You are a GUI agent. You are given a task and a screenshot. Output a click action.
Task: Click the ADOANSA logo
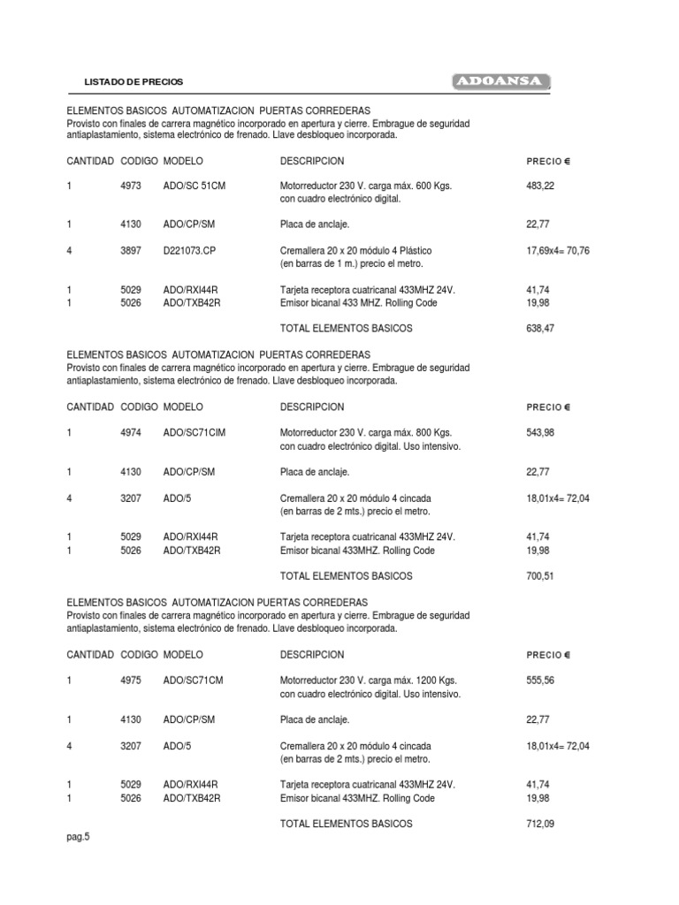501,82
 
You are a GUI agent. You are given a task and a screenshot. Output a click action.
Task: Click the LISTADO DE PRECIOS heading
134,81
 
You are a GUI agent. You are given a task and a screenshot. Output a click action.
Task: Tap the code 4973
131,186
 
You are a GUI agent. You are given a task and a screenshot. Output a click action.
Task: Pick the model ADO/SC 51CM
195,186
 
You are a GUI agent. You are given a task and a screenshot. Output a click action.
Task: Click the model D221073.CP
189,251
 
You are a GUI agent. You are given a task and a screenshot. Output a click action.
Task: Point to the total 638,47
540,328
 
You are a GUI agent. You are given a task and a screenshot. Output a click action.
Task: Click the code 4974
131,433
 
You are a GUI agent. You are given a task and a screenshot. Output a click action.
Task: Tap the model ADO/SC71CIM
195,433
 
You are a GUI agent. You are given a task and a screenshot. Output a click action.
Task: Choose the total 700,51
540,575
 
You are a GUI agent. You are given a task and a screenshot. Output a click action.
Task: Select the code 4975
131,681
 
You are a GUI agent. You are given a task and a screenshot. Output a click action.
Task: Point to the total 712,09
540,823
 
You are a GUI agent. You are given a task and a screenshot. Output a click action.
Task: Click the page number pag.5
79,838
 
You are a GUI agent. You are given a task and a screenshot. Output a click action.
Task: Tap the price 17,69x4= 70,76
557,251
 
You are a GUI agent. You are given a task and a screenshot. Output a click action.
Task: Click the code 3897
131,251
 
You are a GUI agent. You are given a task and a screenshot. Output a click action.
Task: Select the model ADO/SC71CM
194,681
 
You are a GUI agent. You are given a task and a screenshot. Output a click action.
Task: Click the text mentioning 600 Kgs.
365,186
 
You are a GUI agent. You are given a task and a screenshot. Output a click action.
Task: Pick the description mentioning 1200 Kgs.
368,681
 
